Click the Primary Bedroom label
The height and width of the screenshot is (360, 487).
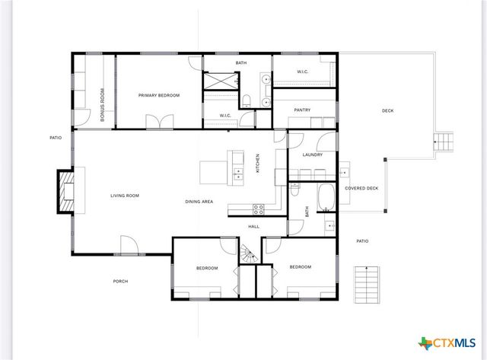158,95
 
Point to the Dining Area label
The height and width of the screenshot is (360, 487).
199,202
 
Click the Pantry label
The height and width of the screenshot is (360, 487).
302,110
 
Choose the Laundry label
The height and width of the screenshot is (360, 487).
312,155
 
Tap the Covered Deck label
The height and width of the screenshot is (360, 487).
361,188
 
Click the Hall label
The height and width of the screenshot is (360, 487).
253,226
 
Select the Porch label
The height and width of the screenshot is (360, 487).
120,281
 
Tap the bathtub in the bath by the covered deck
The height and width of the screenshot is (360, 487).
325,196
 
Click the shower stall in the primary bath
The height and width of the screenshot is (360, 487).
221,81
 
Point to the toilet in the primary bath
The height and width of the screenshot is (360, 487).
247,100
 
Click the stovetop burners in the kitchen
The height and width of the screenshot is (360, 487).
259,207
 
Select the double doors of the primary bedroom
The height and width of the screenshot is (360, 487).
160,122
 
